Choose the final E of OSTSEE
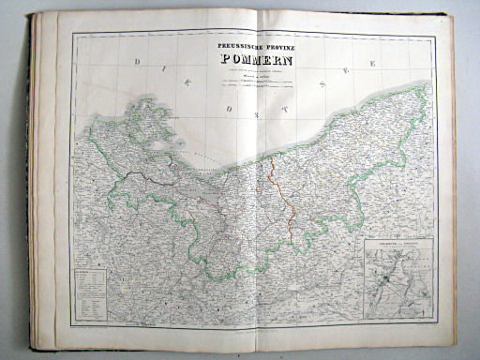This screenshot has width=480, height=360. pos(373,62)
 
